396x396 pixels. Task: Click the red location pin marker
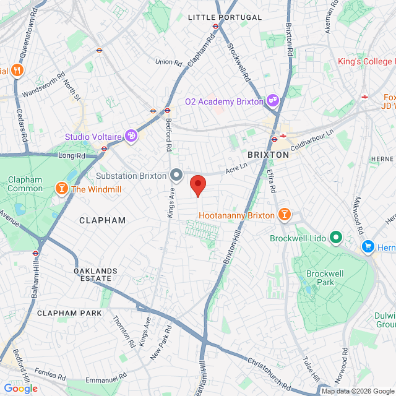tap(197, 185)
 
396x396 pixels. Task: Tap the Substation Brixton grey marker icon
tap(176, 175)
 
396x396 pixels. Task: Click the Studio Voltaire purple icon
tap(131, 136)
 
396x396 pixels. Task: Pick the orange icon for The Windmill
tap(62, 188)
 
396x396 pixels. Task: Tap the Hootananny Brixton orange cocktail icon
tap(284, 215)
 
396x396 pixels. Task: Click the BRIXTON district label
tap(268, 155)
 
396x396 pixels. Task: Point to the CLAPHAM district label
tap(102, 220)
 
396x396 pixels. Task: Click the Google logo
tap(20, 389)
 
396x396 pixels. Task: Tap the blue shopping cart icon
tap(368, 246)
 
